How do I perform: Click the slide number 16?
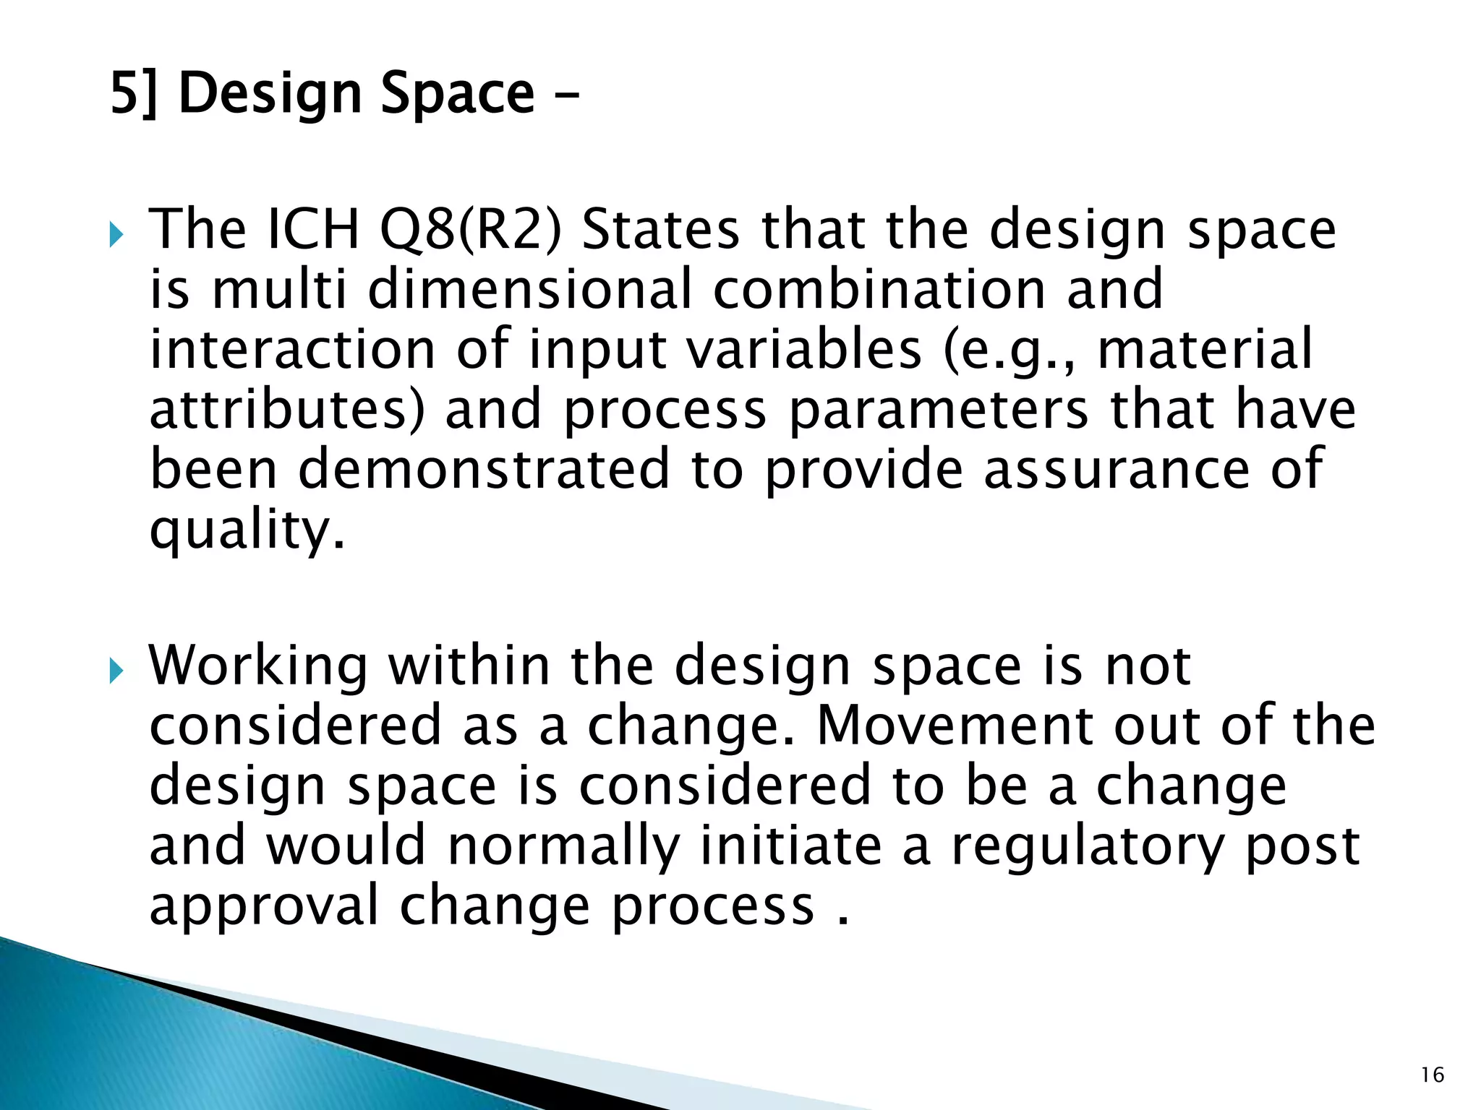click(1432, 1075)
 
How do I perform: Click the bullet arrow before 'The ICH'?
click(117, 235)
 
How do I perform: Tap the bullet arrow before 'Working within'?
click(117, 671)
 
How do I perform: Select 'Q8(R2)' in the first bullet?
click(470, 230)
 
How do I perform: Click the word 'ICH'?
click(313, 230)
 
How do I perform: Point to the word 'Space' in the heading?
click(457, 94)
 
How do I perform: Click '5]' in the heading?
click(133, 94)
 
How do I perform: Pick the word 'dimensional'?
click(529, 289)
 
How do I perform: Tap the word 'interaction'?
click(292, 349)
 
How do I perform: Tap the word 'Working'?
click(258, 666)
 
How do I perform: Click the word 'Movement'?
click(954, 726)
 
